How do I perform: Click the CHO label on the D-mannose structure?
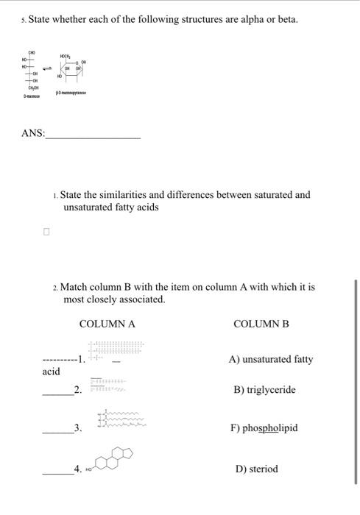32,53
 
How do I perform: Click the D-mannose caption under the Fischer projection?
31,94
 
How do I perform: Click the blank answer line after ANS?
93,137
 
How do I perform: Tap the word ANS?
33,134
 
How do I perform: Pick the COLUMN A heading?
107,324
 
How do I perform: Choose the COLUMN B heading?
261,324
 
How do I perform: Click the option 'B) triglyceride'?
264,390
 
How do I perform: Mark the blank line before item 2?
57,394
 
